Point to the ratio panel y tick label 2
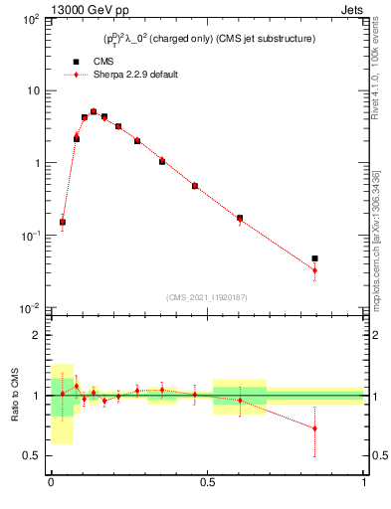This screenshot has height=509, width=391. coord(36,336)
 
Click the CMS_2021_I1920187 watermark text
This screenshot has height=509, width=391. coord(207,297)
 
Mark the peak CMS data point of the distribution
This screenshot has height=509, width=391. coord(94,112)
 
